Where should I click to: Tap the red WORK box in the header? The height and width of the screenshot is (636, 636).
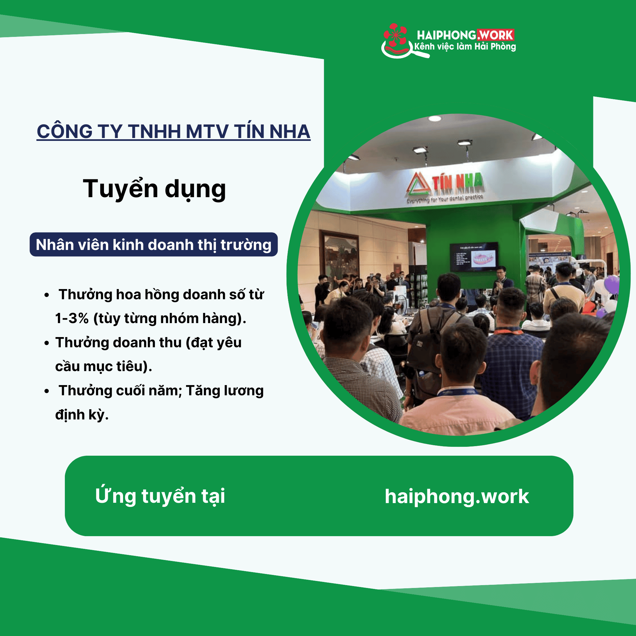496,35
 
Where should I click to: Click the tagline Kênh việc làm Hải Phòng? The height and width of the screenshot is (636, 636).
465,47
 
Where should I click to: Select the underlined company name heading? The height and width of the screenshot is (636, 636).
174,132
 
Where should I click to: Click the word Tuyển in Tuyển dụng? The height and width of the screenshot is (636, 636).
120,189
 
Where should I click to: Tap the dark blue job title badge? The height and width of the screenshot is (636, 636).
153,245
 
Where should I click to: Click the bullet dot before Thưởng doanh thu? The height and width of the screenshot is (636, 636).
47,343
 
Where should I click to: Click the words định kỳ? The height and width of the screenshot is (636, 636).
82,415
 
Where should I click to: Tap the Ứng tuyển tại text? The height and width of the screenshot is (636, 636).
160,496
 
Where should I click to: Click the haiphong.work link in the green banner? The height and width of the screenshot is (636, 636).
457,496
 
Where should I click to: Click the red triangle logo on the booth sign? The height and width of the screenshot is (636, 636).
418,184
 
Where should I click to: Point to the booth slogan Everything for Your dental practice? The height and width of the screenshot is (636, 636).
445,199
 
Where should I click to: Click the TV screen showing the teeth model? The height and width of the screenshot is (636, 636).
474,257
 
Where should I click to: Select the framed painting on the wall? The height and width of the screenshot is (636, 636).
339,257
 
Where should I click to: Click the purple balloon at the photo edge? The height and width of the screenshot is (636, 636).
612,285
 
